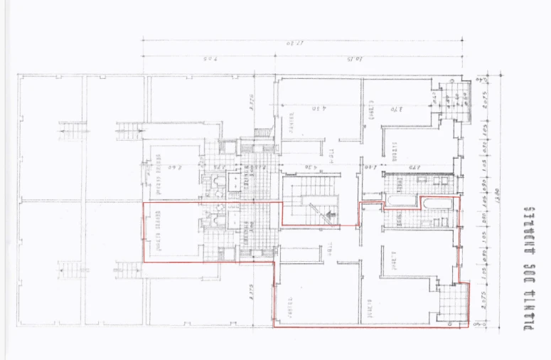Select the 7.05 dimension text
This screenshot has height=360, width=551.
coord(209,57)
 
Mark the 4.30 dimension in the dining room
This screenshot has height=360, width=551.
coord(319,109)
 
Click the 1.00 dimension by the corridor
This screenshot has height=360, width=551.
coord(371,168)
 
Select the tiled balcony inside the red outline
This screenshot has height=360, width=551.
coord(451,302)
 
